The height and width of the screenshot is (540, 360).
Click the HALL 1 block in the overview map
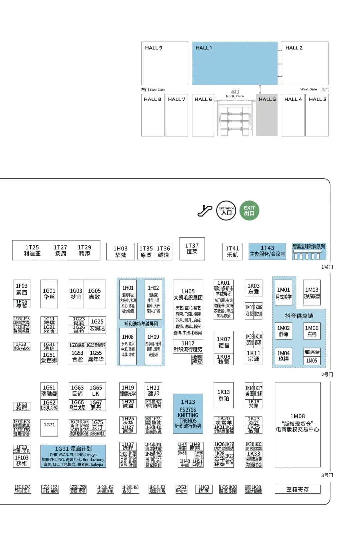[235, 63]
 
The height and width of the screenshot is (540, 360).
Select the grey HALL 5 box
[267, 115]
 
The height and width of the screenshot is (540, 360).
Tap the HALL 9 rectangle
[165, 63]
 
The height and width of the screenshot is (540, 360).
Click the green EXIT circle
[249, 210]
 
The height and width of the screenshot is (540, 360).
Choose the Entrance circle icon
[226, 210]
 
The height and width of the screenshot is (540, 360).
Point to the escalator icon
[205, 211]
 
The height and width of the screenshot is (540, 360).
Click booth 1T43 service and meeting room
[267, 251]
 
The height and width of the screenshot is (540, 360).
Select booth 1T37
[192, 249]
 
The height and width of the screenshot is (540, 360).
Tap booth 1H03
[120, 251]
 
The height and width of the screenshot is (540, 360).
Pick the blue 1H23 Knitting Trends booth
[188, 414]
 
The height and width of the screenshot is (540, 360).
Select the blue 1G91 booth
[73, 456]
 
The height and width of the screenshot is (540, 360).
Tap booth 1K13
[223, 395]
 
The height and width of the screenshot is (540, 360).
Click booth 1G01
[49, 294]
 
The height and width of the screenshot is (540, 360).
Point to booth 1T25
[32, 250]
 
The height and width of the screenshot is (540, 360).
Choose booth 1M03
[312, 293]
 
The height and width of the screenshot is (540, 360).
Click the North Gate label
[235, 94]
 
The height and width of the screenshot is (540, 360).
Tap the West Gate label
[309, 89]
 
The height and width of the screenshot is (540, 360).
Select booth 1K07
[223, 342]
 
